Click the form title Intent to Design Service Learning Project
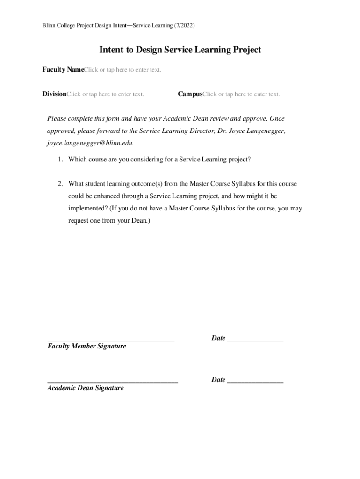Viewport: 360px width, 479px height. [180, 50]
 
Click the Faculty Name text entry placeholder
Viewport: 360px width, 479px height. [122, 70]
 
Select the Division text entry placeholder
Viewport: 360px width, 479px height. [105, 94]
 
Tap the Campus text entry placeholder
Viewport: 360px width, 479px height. [241, 94]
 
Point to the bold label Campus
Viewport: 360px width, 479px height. [190, 94]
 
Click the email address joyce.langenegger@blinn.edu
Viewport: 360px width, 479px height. [93, 143]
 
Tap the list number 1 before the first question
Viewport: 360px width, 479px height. [61, 160]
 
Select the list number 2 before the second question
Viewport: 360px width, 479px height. [61, 184]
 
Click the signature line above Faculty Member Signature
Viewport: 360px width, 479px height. [111, 340]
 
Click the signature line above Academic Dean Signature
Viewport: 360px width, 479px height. [113, 382]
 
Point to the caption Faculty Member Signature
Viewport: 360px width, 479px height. [86, 347]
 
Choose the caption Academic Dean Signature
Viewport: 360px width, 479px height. [86, 388]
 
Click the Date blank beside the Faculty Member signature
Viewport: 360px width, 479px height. [255, 340]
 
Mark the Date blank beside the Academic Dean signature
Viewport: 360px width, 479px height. [255, 382]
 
